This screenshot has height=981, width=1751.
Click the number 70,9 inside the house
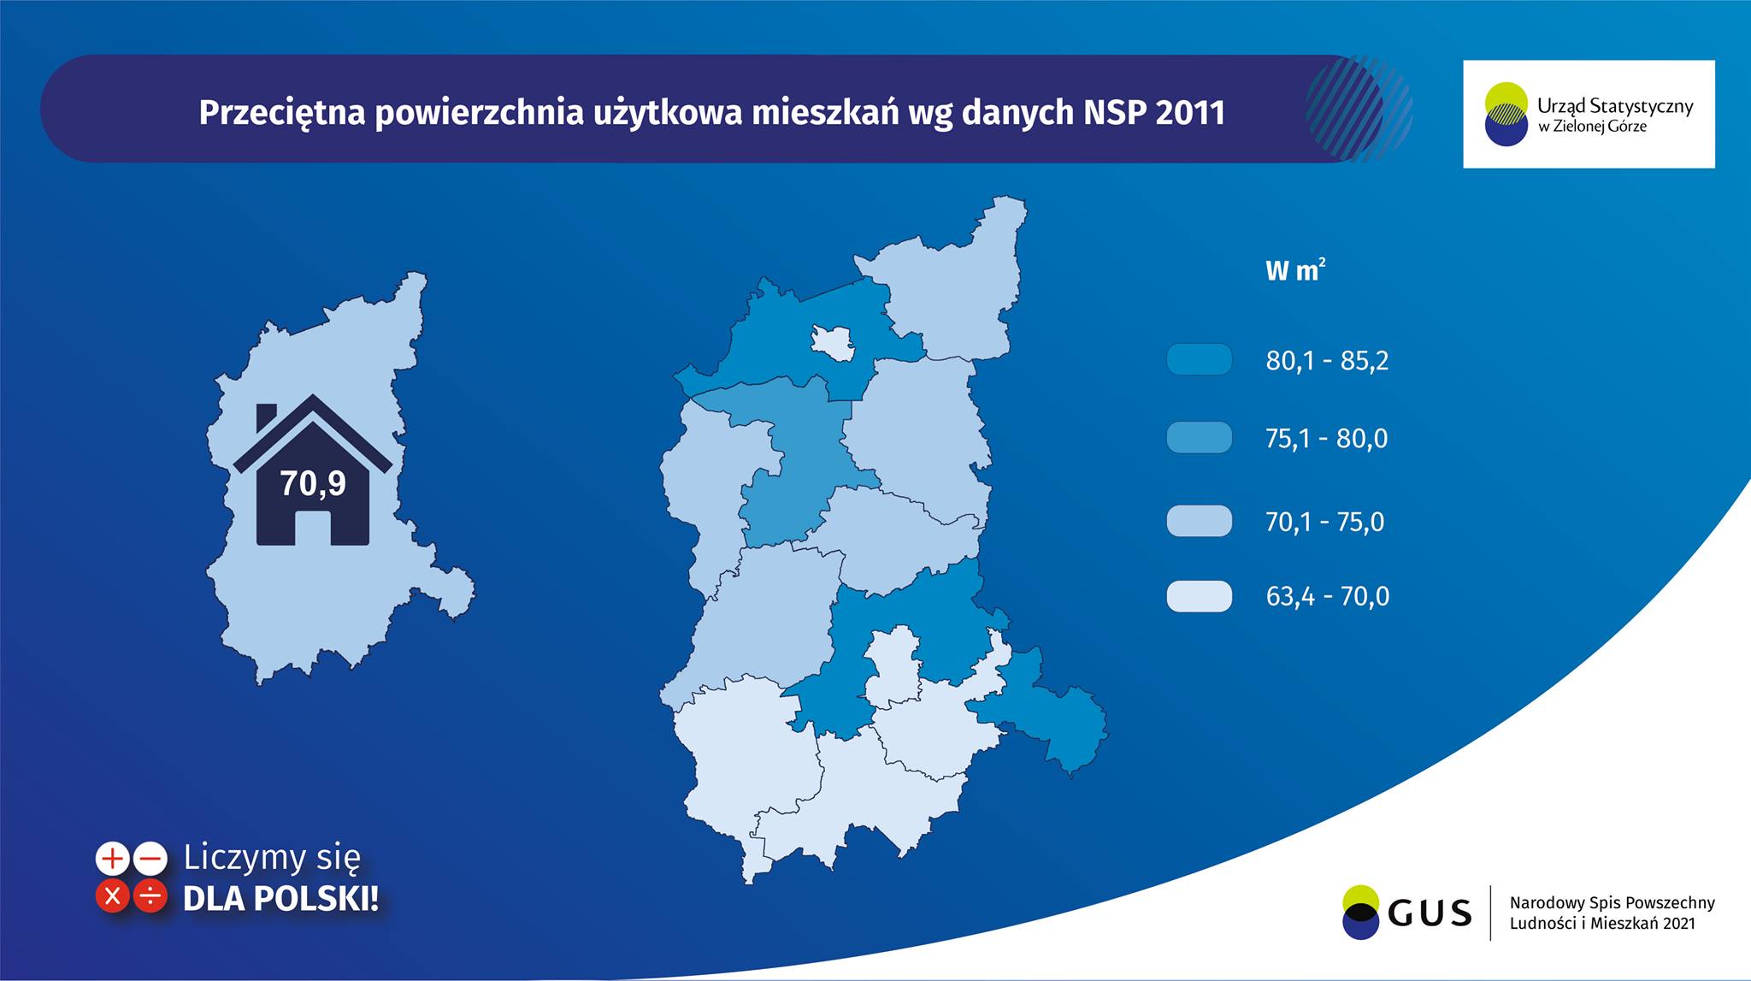313,484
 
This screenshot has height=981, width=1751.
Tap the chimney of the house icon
266,417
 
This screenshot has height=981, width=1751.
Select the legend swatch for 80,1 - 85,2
1199,360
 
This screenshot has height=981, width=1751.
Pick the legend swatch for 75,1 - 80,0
1199,438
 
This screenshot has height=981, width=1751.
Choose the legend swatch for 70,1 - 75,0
1199,521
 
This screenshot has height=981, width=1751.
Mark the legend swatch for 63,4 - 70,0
1199,596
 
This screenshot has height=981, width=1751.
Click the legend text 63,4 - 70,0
1327,596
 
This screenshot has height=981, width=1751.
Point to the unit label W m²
1294,271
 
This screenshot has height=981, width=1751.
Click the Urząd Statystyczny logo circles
1506,114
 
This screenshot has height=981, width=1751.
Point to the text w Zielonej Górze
1592,127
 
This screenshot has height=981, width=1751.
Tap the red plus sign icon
112,859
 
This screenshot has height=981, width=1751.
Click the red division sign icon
150,896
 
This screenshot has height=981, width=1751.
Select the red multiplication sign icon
112,896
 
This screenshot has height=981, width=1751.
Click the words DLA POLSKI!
280,898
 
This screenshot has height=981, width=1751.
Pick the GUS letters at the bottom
1430,913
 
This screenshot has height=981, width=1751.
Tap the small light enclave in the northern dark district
832,341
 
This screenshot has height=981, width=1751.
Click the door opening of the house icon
312,527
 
